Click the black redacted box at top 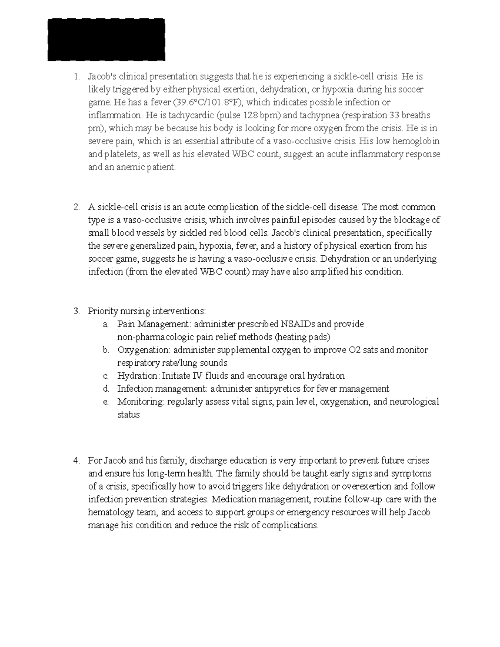click(x=106, y=40)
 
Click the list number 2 click(x=76, y=207)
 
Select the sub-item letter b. click(x=106, y=350)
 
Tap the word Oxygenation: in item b click(x=144, y=350)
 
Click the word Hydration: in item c click(x=138, y=376)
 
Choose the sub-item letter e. click(x=106, y=402)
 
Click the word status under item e click(x=128, y=415)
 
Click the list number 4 click(x=76, y=461)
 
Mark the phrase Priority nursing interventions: click(x=147, y=311)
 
